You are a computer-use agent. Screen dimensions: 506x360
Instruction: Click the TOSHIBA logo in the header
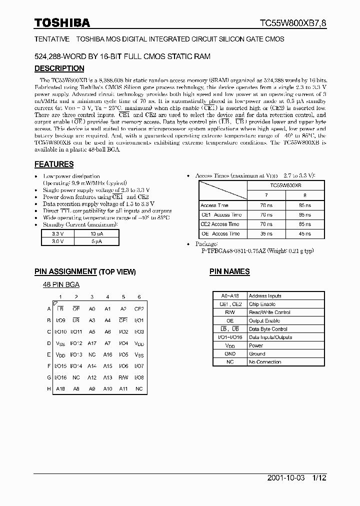point(62,22)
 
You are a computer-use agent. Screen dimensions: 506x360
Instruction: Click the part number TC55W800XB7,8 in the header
point(292,23)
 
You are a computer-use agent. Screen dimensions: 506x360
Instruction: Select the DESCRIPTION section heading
point(59,68)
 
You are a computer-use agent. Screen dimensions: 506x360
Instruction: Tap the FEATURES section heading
point(54,164)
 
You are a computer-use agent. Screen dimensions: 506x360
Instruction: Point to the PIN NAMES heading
point(229,271)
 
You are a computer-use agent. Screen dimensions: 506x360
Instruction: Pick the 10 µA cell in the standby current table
point(96,233)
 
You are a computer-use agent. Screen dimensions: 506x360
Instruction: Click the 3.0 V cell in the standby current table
point(58,241)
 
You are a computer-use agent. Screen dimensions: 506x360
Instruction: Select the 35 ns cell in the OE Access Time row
point(266,233)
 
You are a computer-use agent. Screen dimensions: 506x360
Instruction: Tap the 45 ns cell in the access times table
point(304,233)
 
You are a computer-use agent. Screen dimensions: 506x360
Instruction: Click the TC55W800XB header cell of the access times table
point(285,185)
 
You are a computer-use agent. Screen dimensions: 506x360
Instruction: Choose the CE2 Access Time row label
point(220,224)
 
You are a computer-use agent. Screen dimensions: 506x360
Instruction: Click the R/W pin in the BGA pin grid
point(123,377)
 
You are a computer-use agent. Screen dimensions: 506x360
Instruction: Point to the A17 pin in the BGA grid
point(92,343)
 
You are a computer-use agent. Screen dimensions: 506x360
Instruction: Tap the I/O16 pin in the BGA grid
point(60,377)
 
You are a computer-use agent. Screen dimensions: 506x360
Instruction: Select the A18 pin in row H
point(60,389)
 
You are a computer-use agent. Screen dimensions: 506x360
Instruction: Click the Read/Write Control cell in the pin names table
point(269,312)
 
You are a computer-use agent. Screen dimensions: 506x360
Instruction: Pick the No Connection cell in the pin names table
point(265,362)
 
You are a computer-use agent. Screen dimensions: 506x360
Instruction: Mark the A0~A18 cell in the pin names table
point(230,296)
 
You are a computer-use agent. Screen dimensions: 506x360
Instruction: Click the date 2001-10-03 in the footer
point(275,478)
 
